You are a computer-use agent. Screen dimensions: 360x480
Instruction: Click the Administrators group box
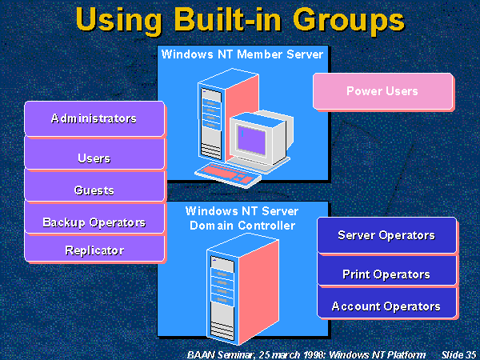tap(94, 118)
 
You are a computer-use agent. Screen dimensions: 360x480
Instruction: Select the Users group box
tap(94, 158)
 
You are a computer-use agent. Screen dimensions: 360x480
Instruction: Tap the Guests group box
tap(94, 190)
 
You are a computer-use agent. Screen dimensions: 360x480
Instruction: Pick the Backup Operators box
tap(94, 222)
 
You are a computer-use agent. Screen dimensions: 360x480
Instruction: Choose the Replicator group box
tap(94, 250)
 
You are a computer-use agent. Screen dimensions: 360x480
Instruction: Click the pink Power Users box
tap(382, 91)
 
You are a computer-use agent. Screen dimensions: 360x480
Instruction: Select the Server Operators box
tap(386, 235)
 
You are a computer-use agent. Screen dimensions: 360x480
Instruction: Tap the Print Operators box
tap(386, 274)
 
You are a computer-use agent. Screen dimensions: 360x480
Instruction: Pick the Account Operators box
tap(386, 306)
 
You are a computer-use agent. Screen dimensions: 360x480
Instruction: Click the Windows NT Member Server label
tap(242, 55)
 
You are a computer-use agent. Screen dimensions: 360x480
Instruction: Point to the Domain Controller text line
tap(242, 226)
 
